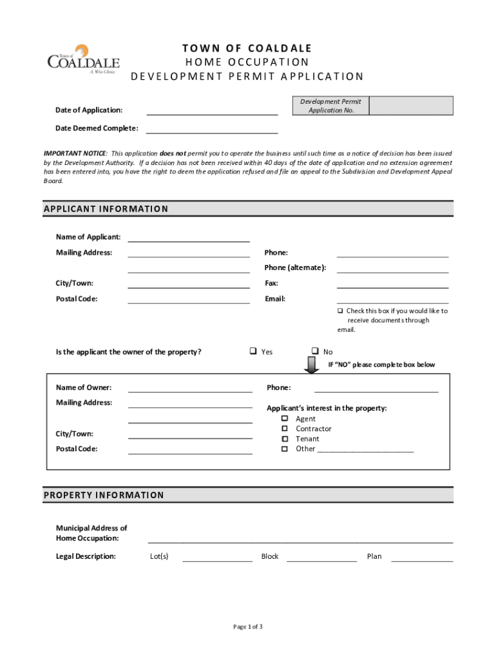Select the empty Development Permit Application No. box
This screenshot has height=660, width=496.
(x=411, y=106)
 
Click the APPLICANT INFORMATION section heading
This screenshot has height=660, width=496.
(x=106, y=209)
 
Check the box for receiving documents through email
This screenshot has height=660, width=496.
(x=341, y=311)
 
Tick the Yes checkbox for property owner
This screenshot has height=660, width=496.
(x=253, y=351)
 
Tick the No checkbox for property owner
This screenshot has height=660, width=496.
(x=316, y=351)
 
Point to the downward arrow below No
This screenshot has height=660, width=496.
(x=312, y=365)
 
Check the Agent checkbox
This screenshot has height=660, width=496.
(x=284, y=419)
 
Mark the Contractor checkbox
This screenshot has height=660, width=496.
(x=284, y=429)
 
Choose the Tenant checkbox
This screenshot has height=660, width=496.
(x=284, y=439)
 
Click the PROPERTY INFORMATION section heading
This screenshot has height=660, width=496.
(x=104, y=495)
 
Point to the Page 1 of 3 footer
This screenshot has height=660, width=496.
(x=248, y=626)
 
